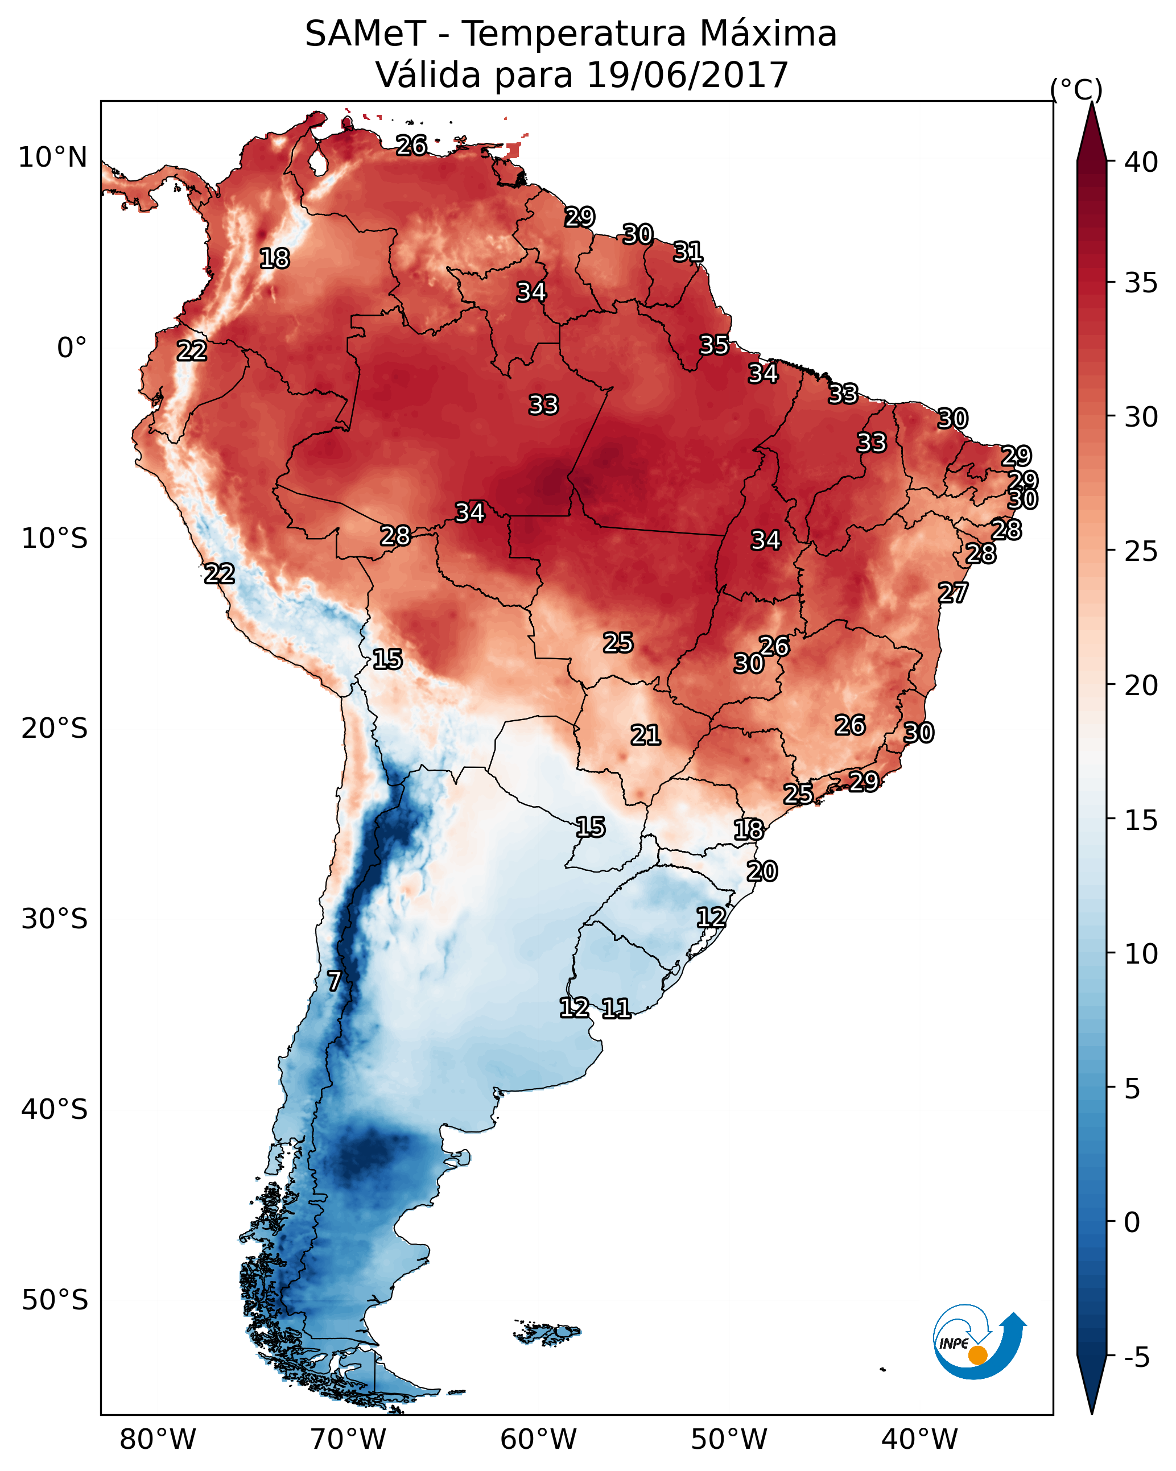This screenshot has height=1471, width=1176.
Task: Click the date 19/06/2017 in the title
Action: (x=687, y=75)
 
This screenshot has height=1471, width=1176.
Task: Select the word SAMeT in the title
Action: (x=365, y=34)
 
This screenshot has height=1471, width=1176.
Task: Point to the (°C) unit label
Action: (x=1076, y=89)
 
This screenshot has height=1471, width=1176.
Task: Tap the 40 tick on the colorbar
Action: (x=1141, y=162)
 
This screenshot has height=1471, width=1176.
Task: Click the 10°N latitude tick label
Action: (x=52, y=158)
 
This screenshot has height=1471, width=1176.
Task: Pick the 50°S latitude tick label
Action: (x=55, y=1300)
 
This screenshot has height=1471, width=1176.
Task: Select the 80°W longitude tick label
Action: (x=158, y=1440)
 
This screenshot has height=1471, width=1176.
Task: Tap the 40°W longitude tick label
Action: (x=919, y=1440)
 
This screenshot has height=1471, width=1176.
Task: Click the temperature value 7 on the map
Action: (x=334, y=981)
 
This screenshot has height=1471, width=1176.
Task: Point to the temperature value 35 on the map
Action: (x=714, y=345)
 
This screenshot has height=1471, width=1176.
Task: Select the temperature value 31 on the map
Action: (x=688, y=253)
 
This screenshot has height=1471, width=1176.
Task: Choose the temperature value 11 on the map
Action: (x=616, y=1009)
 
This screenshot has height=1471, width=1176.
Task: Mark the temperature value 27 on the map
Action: (x=953, y=593)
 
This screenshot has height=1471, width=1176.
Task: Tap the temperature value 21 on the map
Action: (x=645, y=735)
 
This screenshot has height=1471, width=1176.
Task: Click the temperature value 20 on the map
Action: (x=762, y=871)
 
